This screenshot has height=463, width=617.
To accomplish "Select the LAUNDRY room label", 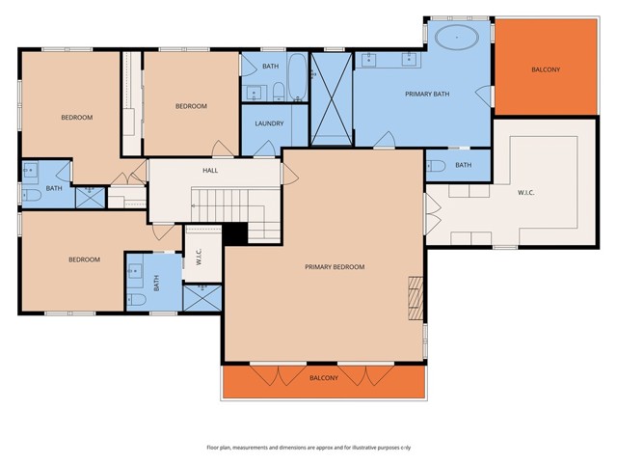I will click(x=269, y=123).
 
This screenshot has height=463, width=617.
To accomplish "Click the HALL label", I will click(x=210, y=171).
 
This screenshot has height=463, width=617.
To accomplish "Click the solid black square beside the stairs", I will click(x=235, y=234).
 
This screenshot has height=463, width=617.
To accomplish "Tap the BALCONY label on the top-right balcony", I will click(x=546, y=69).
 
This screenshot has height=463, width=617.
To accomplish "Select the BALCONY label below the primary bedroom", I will click(x=324, y=378).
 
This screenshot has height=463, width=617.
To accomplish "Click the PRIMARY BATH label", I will click(x=421, y=93).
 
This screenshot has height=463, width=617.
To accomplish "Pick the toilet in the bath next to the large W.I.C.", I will click(x=436, y=165).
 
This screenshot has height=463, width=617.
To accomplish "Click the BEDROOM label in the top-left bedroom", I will click(x=76, y=118).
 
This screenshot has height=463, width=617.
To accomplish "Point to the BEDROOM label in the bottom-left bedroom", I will click(x=84, y=259).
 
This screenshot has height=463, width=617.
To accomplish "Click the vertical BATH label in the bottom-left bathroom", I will click(x=157, y=284).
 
